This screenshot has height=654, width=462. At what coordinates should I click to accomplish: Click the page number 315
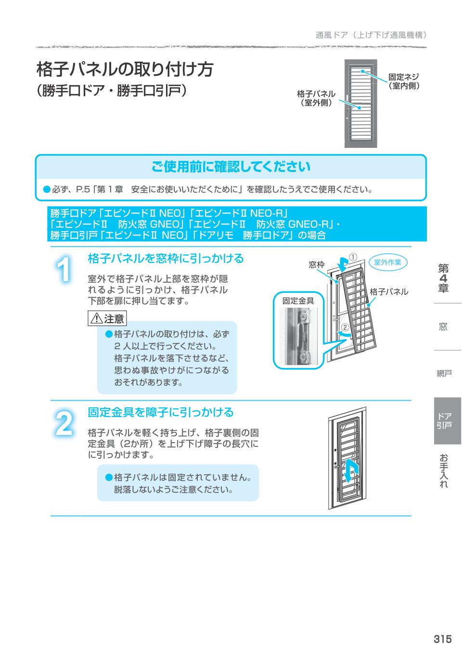442,639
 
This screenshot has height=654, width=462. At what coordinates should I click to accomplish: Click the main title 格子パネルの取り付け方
125,69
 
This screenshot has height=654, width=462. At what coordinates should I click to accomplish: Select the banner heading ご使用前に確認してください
231,167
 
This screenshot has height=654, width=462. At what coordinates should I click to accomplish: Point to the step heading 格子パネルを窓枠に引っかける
166,259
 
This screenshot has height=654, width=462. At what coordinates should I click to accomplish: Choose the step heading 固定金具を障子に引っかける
160,412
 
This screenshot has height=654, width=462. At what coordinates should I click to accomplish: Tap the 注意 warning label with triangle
107,318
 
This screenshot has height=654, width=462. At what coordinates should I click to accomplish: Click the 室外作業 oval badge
387,262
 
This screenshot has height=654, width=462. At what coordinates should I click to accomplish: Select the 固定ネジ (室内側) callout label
404,81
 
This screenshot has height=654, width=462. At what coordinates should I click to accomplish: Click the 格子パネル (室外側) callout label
316,98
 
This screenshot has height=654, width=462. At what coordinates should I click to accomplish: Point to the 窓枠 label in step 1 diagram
316,265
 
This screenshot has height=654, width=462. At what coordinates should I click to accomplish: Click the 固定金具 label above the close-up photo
298,301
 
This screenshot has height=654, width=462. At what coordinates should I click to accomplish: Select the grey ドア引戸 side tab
447,420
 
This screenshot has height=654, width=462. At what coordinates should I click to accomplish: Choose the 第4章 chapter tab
443,278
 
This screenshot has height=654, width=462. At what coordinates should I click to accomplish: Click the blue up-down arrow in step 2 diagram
352,469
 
